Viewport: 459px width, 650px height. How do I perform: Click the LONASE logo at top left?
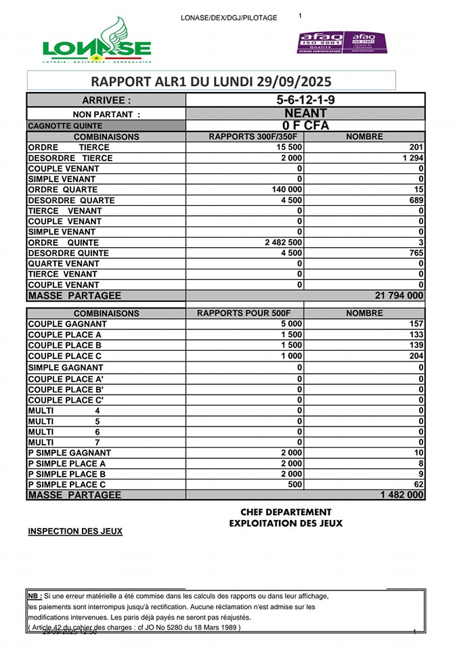coord(96,41)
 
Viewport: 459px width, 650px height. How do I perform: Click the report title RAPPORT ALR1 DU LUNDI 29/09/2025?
coord(211,82)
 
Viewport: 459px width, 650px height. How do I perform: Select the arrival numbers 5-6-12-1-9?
coord(305,100)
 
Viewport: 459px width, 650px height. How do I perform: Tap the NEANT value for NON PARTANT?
coord(305,113)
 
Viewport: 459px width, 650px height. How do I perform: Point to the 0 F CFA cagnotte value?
coord(305,125)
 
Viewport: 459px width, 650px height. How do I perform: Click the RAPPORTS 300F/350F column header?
coord(244,137)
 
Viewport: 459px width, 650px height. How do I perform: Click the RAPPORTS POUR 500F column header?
coord(244,313)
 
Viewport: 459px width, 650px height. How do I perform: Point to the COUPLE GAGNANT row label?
coord(67,324)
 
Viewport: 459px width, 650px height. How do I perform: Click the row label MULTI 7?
coord(64,442)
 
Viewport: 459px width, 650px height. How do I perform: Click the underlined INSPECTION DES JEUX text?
coord(75,532)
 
